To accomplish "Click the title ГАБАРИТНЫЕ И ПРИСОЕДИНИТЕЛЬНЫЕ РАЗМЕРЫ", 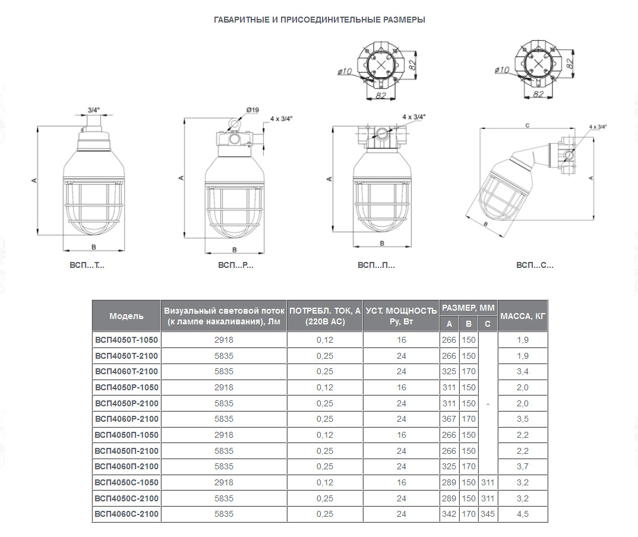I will tap(319, 20).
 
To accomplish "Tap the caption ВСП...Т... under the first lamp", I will tap(87, 266).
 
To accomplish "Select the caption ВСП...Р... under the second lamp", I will tap(236, 266).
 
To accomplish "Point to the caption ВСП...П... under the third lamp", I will tap(376, 266).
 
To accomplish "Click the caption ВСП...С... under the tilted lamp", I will tap(535, 266).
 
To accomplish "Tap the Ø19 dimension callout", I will tap(252, 110).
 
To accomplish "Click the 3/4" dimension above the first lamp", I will tap(93, 110).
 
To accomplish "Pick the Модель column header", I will tap(127, 316).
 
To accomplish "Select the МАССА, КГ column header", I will tap(522, 316).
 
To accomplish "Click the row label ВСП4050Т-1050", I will tap(127, 340).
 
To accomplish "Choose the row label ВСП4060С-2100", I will tap(127, 514).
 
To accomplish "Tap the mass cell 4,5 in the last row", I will tap(522, 514).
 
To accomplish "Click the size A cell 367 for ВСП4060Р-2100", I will tap(449, 419).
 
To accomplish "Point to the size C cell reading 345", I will tap(488, 514).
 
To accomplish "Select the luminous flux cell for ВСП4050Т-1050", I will tap(224, 340).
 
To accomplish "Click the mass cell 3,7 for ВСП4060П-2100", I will tap(522, 466).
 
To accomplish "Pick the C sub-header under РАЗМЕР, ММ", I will tap(488, 324).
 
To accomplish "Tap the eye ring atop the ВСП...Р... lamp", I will tap(233, 124).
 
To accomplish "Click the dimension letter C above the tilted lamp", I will tap(528, 125).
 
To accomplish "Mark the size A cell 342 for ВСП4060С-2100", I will tap(449, 514).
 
